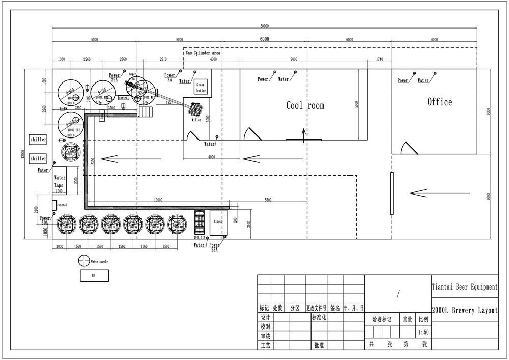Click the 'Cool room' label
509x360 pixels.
click(305, 106)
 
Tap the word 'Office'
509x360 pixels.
click(439, 102)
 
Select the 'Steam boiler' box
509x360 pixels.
click(201, 87)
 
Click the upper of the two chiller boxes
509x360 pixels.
click(38, 140)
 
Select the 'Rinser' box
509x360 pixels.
click(218, 223)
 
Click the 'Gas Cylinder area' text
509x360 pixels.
click(202, 53)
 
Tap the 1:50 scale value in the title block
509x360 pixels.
click(422, 332)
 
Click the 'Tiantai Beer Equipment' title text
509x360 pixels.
click(464, 287)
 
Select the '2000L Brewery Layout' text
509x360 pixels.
click(464, 310)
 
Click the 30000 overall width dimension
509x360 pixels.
click(264, 26)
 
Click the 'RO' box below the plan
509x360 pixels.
click(93, 276)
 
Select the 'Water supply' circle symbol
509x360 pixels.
click(83, 261)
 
